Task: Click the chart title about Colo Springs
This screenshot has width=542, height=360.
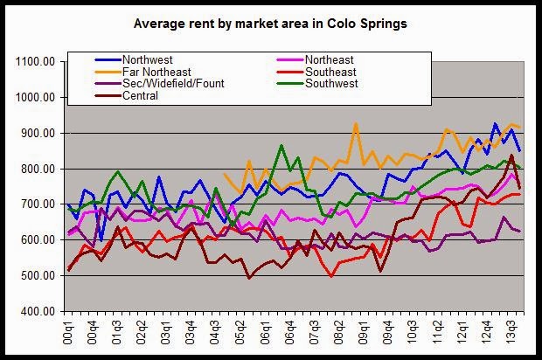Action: tap(270, 24)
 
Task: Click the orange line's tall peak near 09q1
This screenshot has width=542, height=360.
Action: tap(356, 124)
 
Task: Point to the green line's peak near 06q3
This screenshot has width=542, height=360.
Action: tap(281, 146)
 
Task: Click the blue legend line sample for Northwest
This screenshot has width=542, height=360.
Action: tap(108, 59)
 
